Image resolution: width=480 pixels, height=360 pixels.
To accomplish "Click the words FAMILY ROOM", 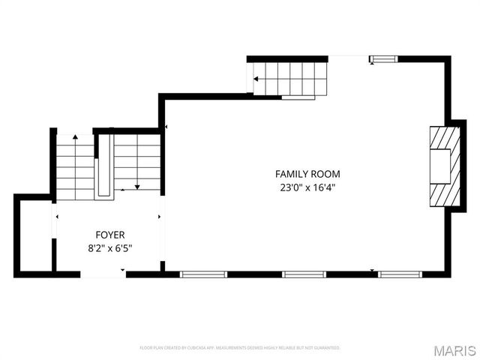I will [x=302, y=174].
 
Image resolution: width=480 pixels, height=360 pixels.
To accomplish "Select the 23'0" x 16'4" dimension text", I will [x=302, y=187].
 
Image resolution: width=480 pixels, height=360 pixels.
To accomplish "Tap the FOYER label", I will [x=109, y=235].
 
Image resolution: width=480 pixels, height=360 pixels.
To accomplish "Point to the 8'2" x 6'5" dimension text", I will [x=109, y=248].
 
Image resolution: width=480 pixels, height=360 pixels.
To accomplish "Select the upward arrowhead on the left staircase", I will [x=74, y=137].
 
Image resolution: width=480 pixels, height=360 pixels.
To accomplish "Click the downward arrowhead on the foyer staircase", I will [x=136, y=187].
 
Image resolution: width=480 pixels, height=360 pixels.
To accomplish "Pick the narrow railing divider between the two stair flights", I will [x=104, y=165].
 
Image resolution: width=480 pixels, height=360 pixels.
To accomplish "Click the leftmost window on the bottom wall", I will [x=203, y=274].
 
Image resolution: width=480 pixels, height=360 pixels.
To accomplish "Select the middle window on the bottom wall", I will [x=303, y=274].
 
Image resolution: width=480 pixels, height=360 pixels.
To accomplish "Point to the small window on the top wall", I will [x=383, y=58].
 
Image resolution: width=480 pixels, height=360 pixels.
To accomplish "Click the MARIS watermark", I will [x=454, y=349].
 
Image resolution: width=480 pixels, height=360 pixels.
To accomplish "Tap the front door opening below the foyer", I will [x=103, y=275].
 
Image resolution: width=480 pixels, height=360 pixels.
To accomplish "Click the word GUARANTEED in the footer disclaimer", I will [x=326, y=348].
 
